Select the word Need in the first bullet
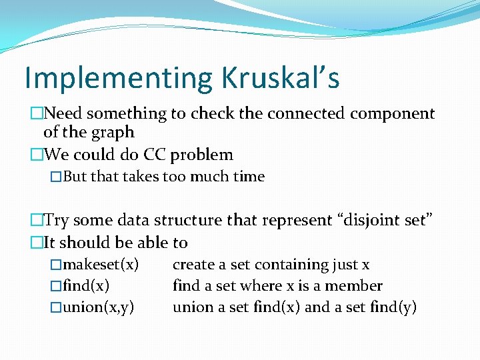point(68,114)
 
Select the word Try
point(57,220)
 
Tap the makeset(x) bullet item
point(101,265)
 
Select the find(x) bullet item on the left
point(87,287)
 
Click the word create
point(193,265)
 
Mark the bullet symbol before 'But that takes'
point(56,177)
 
